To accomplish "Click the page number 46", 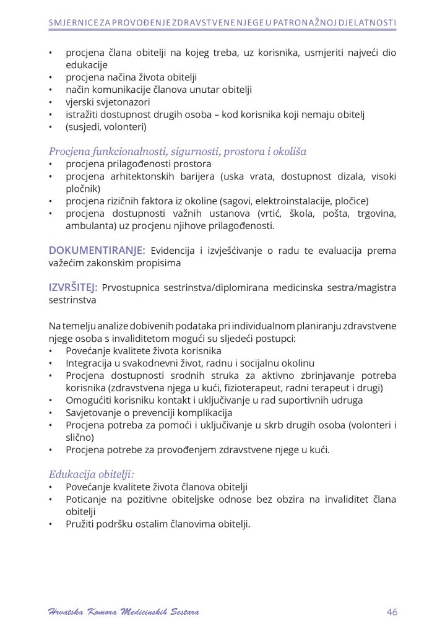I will coord(392,612).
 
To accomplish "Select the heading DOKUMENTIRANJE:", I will coord(97,251).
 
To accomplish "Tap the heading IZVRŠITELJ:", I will coord(73,288).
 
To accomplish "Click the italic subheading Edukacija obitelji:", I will coord(92,474).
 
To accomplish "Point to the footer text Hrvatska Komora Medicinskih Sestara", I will coord(124,612).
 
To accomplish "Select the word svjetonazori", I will coord(123,102).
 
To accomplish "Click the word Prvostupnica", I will coord(130,288).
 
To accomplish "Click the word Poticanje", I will coord(86,499).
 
